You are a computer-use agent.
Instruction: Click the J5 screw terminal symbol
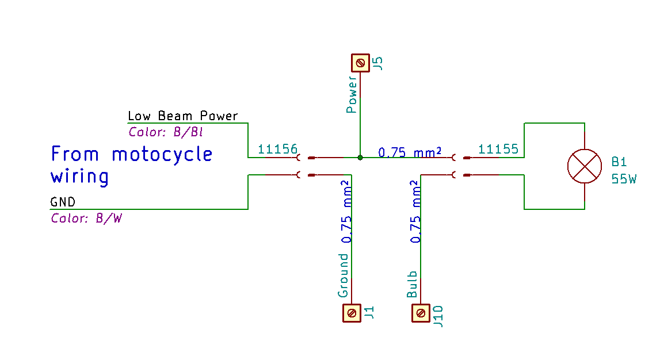tap(361, 62)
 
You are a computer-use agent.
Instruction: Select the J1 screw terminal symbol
tap(351, 313)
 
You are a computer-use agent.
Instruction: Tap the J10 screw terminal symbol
tap(421, 313)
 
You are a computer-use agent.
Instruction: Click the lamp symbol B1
tap(585, 166)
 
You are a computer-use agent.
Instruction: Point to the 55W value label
tap(624, 179)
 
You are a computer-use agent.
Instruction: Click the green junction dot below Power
tap(360, 157)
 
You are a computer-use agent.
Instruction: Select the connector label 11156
tap(277, 149)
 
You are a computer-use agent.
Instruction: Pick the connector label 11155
tap(498, 149)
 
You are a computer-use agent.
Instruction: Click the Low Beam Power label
tap(182, 116)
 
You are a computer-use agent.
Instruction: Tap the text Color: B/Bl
tap(166, 132)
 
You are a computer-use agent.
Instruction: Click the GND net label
tap(62, 202)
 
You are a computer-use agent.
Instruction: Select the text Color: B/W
tap(86, 219)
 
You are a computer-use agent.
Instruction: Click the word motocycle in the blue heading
tap(162, 155)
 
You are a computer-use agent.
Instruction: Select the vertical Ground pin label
tap(344, 275)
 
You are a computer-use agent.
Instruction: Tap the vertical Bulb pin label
tap(413, 284)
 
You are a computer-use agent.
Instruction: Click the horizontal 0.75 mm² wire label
tap(410, 152)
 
